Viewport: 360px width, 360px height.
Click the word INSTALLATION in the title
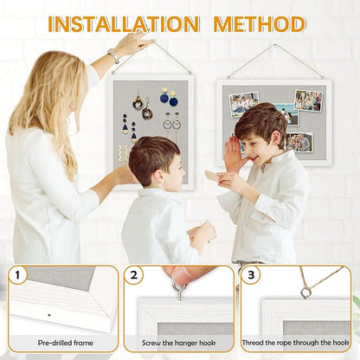pyautogui.click(x=122, y=23)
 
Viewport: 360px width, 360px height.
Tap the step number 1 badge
pyautogui.click(x=17, y=276)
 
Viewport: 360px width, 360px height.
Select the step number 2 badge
pyautogui.click(x=133, y=276)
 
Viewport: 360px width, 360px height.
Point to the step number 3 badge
pyautogui.click(x=251, y=276)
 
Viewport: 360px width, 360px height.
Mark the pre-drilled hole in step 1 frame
pyautogui.click(x=48, y=313)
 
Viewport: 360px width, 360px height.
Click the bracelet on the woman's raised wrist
pyautogui.click(x=113, y=56)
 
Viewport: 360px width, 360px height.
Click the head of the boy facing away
pyautogui.click(x=154, y=157)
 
